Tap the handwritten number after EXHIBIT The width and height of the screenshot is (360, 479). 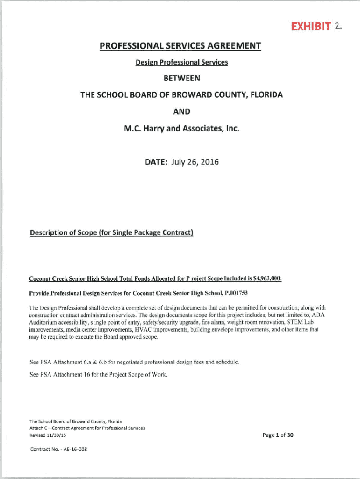pyautogui.click(x=338, y=26)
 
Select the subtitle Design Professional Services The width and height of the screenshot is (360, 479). pyautogui.click(x=180, y=62)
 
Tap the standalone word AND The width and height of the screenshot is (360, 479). pyautogui.click(x=180, y=111)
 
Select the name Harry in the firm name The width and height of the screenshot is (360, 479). pyautogui.click(x=159, y=127)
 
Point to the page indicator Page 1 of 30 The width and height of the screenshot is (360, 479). pyautogui.click(x=278, y=435)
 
